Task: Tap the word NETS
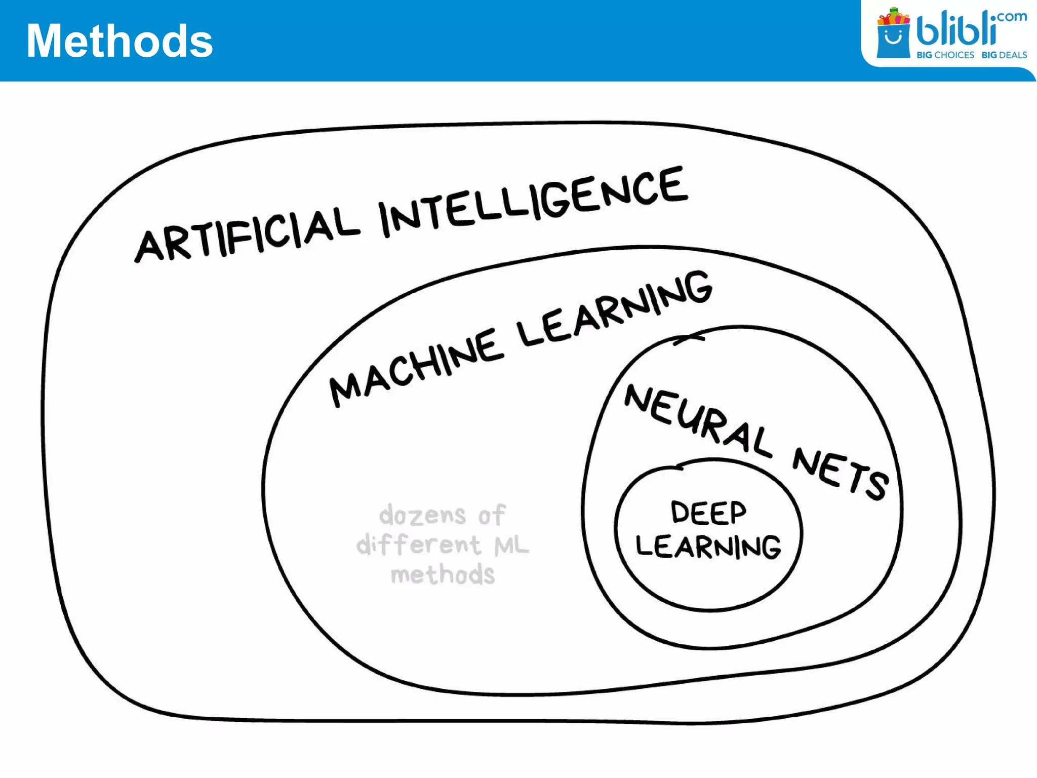coord(841,473)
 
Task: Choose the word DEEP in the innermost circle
coord(708,512)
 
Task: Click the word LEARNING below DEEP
coord(708,546)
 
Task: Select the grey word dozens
coord(422,515)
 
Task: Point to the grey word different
coord(418,544)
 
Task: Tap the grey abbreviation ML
coord(511,545)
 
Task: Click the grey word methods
coord(443,575)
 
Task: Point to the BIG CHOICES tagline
coord(945,55)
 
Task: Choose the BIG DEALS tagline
coord(1004,55)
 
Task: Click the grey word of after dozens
coord(492,515)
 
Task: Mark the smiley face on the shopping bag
coord(893,36)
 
